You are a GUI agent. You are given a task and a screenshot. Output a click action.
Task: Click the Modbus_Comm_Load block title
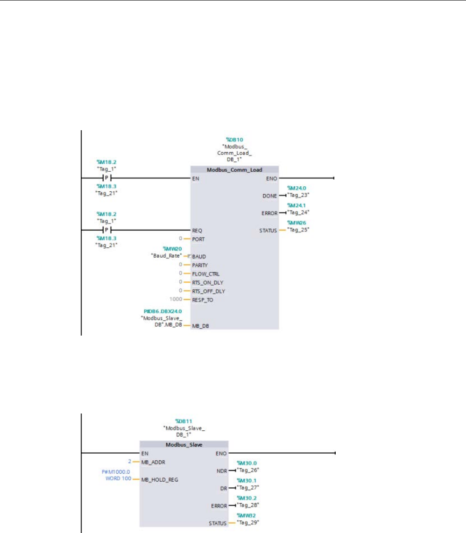point(234,170)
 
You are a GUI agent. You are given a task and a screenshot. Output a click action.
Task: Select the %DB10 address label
point(234,140)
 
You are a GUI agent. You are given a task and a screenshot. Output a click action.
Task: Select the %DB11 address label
point(184,421)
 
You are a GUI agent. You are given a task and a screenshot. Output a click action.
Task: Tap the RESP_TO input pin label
point(203,300)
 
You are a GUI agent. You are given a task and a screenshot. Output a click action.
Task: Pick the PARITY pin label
point(200,265)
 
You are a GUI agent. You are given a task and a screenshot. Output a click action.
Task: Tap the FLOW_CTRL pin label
point(205,274)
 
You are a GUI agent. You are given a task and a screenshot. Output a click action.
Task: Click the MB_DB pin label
point(200,326)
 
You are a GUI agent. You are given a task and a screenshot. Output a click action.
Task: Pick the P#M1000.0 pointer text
point(116,471)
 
